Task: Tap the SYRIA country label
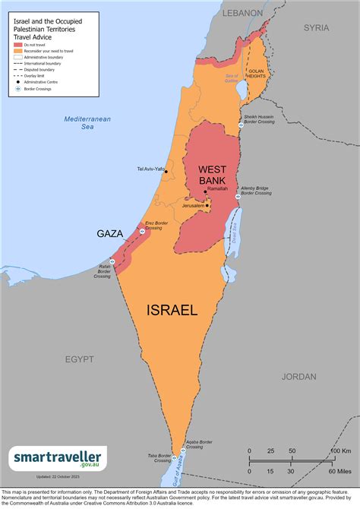316,27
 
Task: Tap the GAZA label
111,234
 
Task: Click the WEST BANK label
214,175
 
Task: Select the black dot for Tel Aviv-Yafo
166,171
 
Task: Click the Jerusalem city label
193,206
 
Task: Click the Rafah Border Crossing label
103,271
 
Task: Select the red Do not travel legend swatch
18,45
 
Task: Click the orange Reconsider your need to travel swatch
18,51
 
